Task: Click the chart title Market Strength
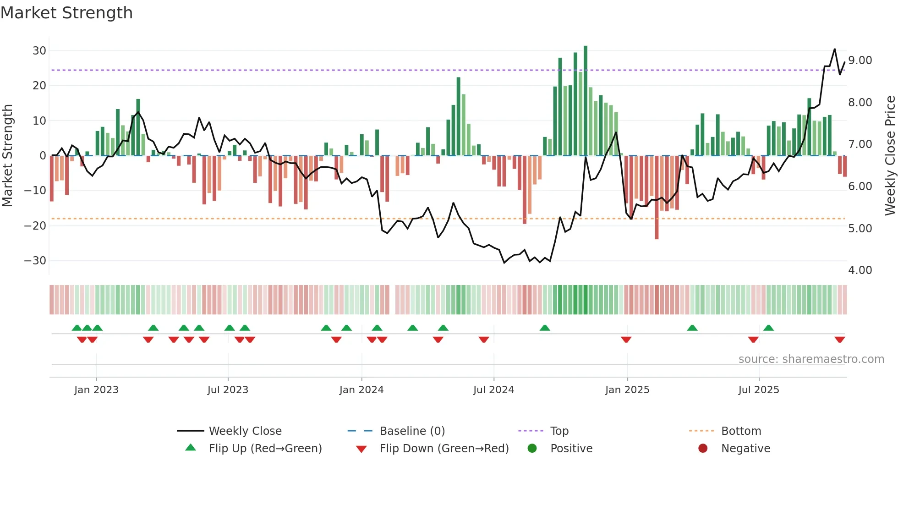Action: (66, 13)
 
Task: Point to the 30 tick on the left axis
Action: (39, 50)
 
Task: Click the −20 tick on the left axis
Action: (35, 225)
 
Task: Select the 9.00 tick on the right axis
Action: (860, 60)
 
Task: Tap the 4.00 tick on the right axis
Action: (860, 270)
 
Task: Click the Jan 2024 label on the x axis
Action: (361, 390)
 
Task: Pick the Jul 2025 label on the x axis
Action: (758, 390)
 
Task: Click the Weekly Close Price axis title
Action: (890, 156)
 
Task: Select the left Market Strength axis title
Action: (7, 156)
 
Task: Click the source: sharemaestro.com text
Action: (811, 359)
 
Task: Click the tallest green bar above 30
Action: (586, 101)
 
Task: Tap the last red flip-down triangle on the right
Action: (839, 340)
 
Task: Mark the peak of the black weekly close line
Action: (834, 49)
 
